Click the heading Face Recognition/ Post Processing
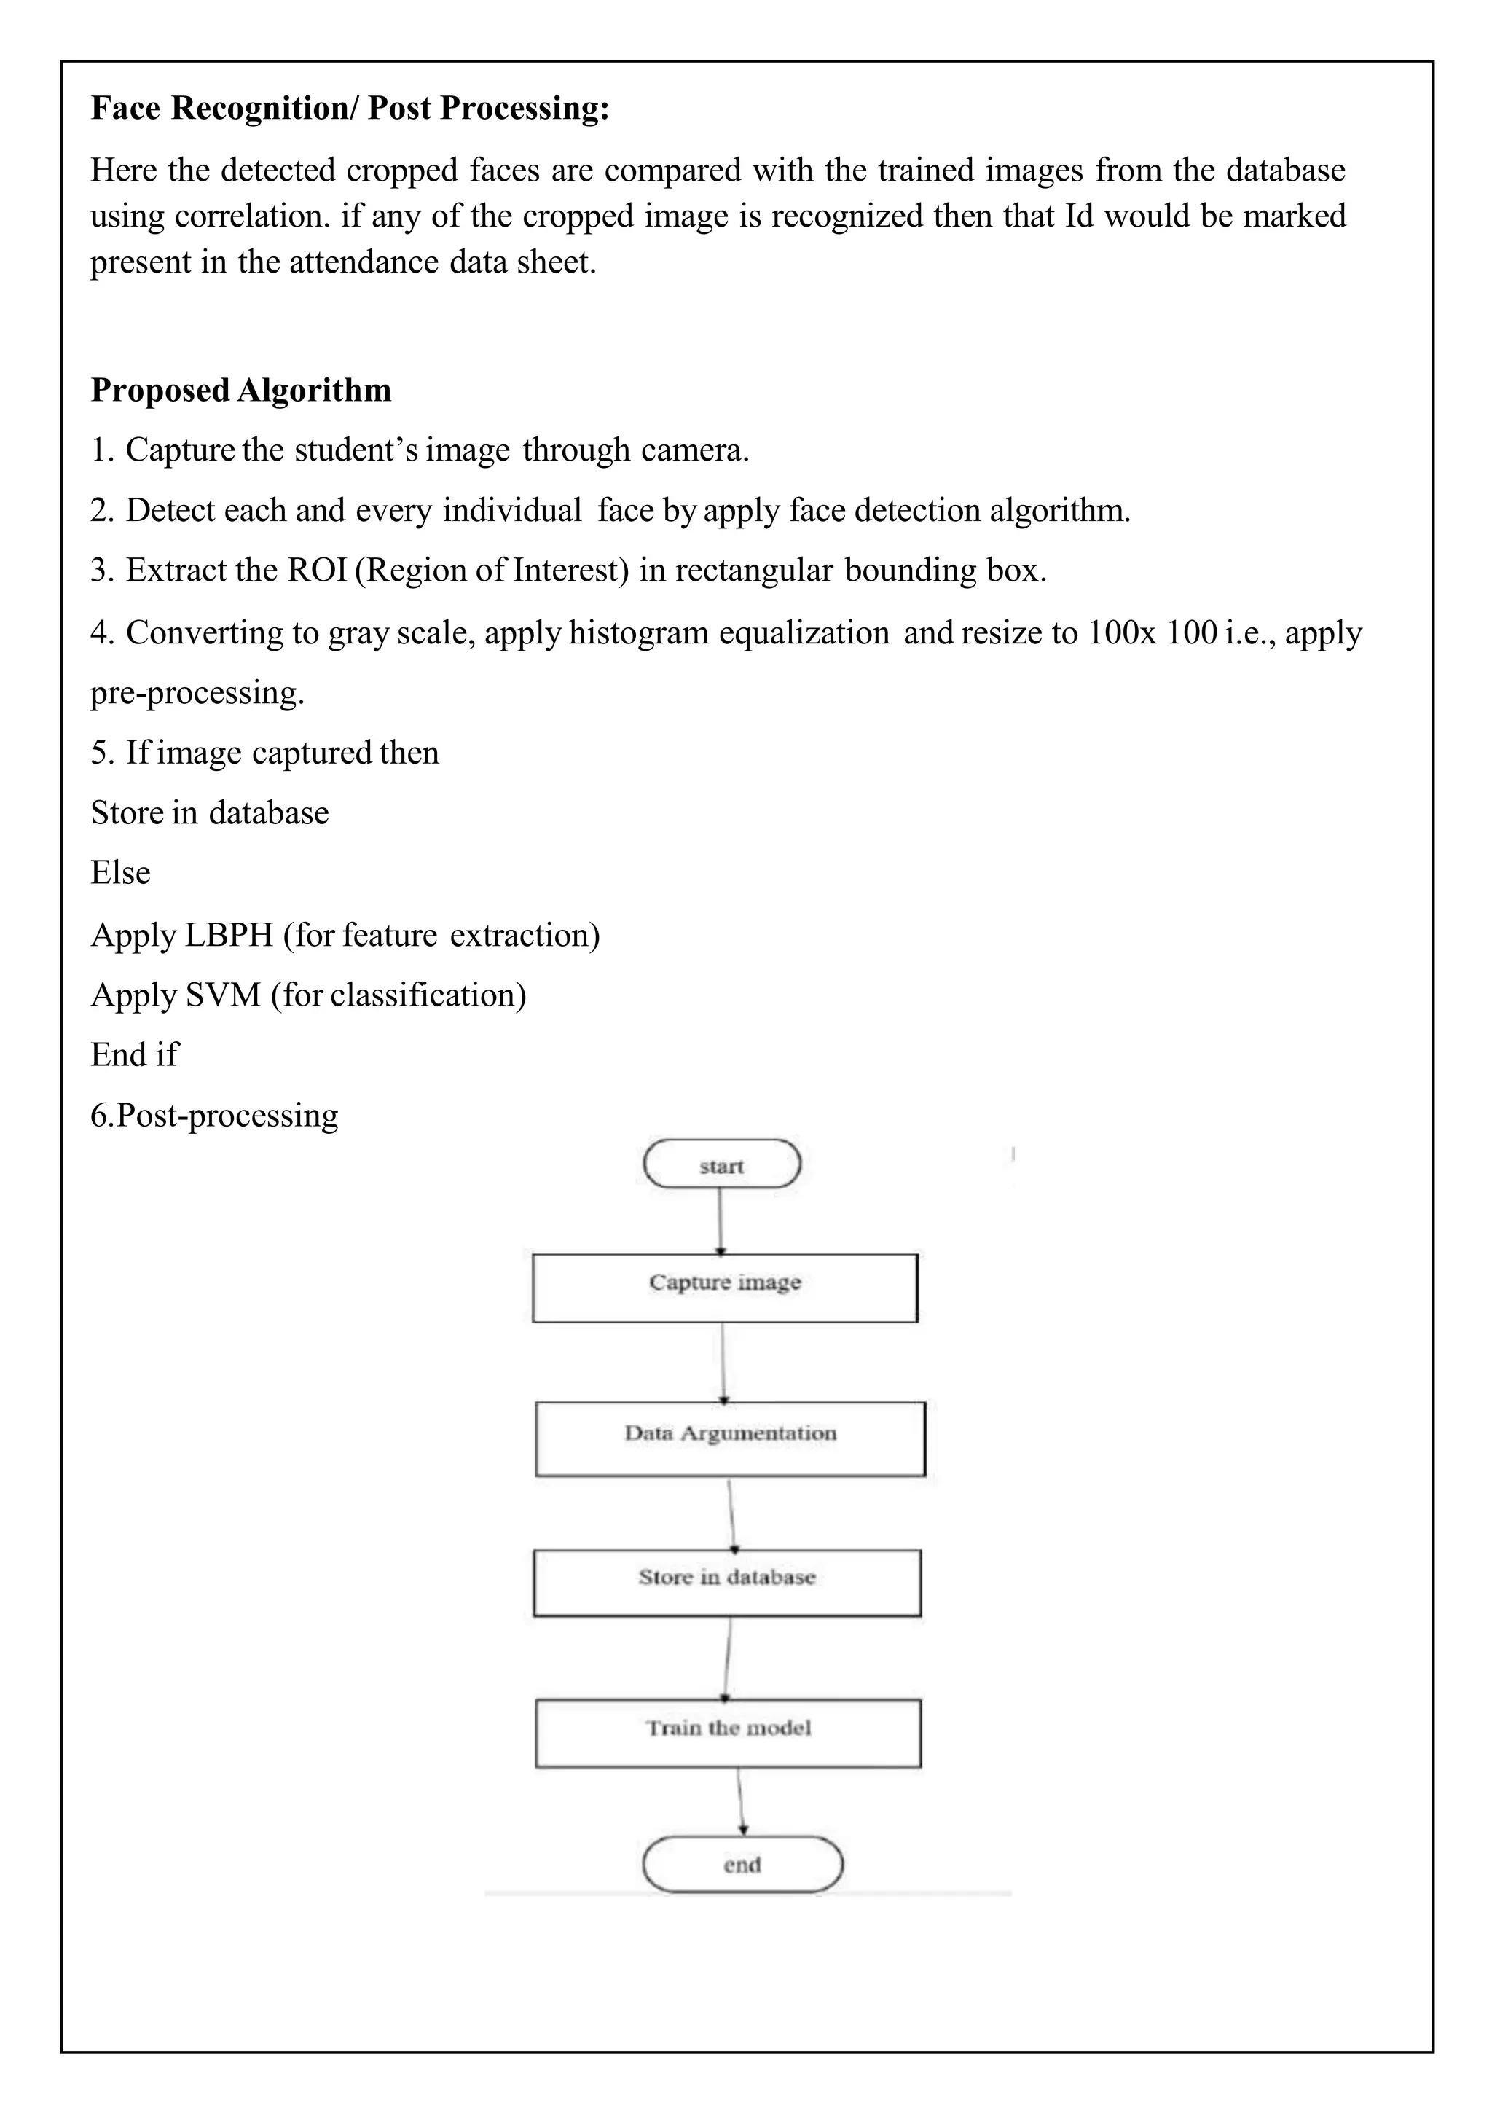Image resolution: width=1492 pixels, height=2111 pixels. pos(350,109)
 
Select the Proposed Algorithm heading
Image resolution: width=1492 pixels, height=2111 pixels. pos(241,390)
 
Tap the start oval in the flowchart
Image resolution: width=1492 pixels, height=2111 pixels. pos(722,1165)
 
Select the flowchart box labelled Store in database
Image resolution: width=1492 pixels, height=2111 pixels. pos(726,1582)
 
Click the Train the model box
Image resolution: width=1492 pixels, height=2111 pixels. pos(728,1732)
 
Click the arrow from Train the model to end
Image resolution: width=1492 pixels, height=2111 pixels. pos(741,1801)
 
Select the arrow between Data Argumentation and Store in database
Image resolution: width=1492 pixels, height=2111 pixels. pos(731,1513)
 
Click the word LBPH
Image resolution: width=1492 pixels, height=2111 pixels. pos(228,935)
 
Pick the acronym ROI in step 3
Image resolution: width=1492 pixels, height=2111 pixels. pos(316,570)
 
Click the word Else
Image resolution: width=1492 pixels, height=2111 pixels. pos(120,872)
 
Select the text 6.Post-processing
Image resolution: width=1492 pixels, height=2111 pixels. pos(214,1116)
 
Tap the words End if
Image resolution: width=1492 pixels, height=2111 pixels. pos(134,1054)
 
